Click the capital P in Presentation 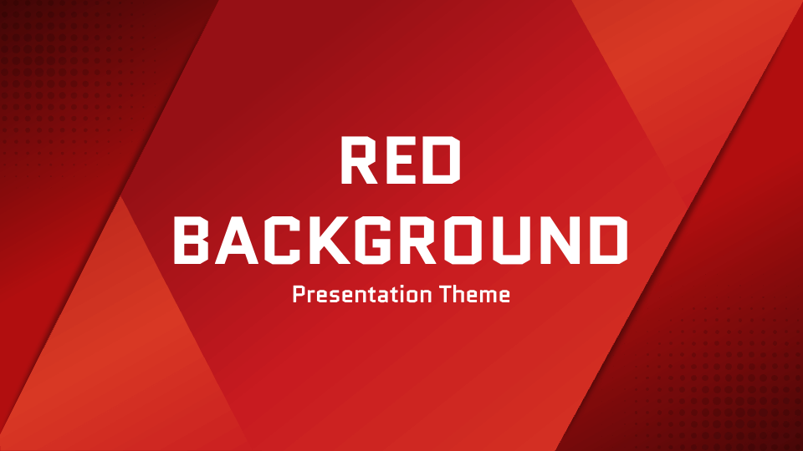point(298,294)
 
